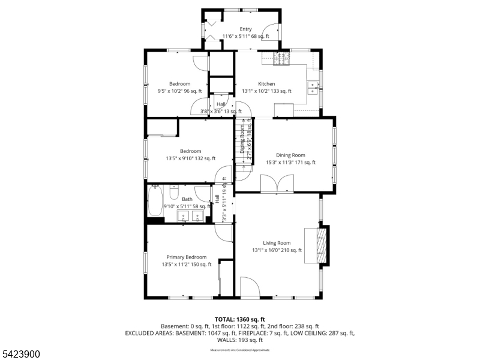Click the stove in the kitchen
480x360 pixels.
281,58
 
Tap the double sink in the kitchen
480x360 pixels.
313,89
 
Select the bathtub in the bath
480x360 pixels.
155,201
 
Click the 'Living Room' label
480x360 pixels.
276,243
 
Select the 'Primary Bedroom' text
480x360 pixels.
186,257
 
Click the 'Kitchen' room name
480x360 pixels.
266,84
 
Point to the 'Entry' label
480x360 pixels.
245,29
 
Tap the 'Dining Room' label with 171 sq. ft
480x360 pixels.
290,155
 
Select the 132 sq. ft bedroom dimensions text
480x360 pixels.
191,158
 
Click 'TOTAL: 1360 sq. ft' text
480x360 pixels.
239,319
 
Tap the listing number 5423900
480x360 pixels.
20,355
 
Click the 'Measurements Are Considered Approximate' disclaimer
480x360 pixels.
239,349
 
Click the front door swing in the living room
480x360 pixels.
250,287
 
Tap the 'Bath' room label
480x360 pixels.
187,199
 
